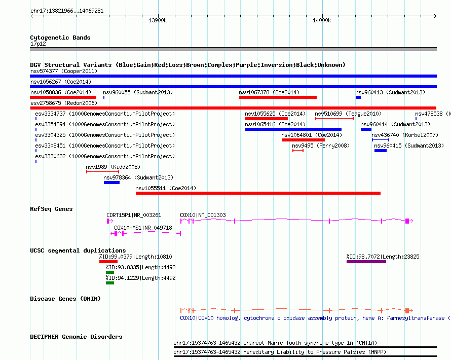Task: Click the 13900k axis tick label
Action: tap(157, 20)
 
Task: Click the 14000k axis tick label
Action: tap(322, 20)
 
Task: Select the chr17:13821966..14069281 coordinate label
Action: tap(67, 11)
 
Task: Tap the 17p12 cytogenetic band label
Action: tap(38, 44)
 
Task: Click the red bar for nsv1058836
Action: tap(63, 97)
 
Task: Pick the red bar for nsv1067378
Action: tap(278, 97)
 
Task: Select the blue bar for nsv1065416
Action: tap(293, 129)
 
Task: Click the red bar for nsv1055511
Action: tap(258, 193)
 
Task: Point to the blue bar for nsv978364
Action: tap(111, 183)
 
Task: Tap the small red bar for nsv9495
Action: tap(298, 151)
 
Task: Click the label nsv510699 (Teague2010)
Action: tap(348, 114)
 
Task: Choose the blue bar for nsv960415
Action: tap(381, 151)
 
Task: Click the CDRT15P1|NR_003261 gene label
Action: tap(134, 215)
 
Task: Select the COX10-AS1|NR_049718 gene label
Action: tap(143, 228)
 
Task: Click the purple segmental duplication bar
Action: tap(366, 262)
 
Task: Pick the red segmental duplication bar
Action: tap(108, 262)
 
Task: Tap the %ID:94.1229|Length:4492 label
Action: tap(140, 278)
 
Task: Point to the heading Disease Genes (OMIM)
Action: tap(65, 299)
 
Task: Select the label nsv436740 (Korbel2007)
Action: tap(405, 135)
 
